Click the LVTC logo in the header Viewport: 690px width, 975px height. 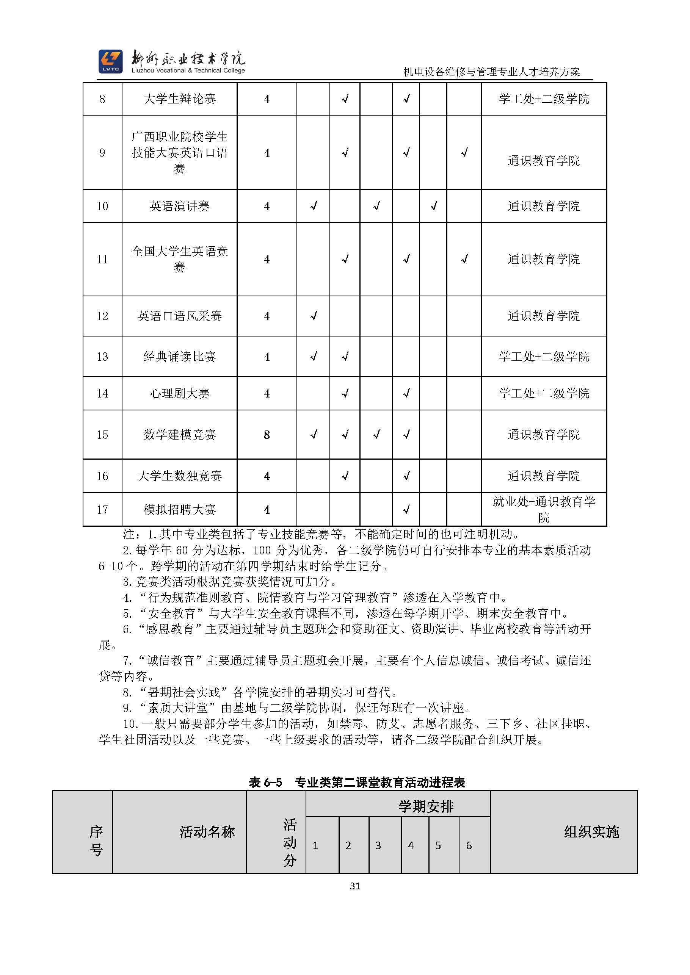click(110, 61)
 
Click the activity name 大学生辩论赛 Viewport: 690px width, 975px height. click(180, 99)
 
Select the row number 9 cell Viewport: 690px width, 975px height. click(102, 153)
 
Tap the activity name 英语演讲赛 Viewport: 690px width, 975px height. click(180, 207)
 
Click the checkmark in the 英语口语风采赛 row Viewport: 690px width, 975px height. click(314, 316)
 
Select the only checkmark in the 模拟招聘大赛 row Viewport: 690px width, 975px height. click(406, 509)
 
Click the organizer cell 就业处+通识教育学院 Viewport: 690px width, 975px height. click(544, 509)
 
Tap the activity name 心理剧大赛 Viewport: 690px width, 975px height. click(180, 394)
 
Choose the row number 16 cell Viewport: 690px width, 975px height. click(102, 476)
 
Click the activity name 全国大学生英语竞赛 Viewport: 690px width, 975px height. click(180, 259)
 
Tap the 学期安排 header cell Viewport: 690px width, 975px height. click(426, 806)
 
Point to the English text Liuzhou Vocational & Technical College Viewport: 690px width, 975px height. click(188, 71)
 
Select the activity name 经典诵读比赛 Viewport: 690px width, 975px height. click(180, 357)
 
